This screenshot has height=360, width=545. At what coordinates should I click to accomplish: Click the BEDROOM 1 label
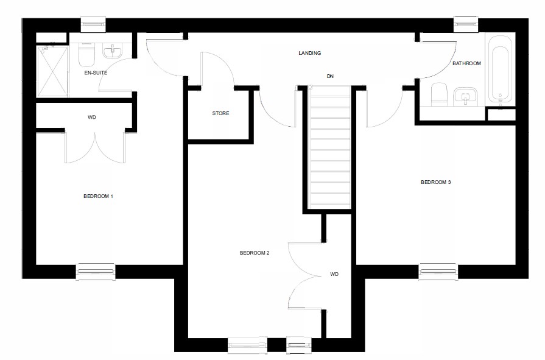[x=99, y=196]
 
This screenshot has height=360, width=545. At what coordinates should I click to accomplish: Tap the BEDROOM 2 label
[x=255, y=253]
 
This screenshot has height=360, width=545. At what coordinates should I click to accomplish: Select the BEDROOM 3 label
[x=436, y=182]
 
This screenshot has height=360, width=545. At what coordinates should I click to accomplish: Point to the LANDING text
[x=309, y=53]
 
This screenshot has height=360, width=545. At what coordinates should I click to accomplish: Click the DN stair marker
[x=330, y=76]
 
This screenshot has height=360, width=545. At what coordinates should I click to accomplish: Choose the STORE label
[x=220, y=113]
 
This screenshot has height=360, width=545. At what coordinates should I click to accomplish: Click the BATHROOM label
[x=466, y=63]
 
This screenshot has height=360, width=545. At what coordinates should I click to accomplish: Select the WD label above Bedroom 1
[x=92, y=117]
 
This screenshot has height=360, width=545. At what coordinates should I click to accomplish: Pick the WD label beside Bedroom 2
[x=334, y=275]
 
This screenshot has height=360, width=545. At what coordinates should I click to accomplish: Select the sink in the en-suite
[x=113, y=52]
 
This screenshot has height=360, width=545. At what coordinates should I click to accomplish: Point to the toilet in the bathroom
[x=439, y=95]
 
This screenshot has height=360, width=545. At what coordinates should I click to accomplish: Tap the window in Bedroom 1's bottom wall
[x=96, y=272]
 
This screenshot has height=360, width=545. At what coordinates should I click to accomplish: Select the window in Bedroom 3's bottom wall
[x=438, y=272]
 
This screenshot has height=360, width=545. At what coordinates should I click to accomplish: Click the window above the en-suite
[x=94, y=24]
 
